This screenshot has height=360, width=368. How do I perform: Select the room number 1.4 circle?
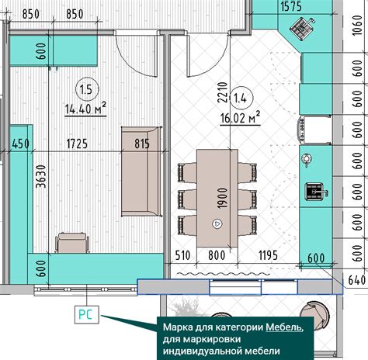(242, 98)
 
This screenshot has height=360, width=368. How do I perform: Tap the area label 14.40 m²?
(85, 109)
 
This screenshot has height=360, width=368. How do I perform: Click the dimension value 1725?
(75, 144)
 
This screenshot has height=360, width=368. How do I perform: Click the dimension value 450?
(20, 144)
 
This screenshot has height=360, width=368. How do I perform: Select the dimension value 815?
(142, 144)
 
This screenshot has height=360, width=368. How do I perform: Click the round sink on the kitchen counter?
(307, 159)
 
